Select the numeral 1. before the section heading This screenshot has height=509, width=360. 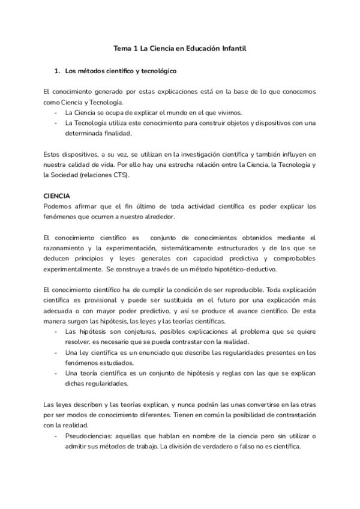[x=58, y=71]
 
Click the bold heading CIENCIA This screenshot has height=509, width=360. [x=57, y=196]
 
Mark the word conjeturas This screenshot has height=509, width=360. [x=124, y=332]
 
